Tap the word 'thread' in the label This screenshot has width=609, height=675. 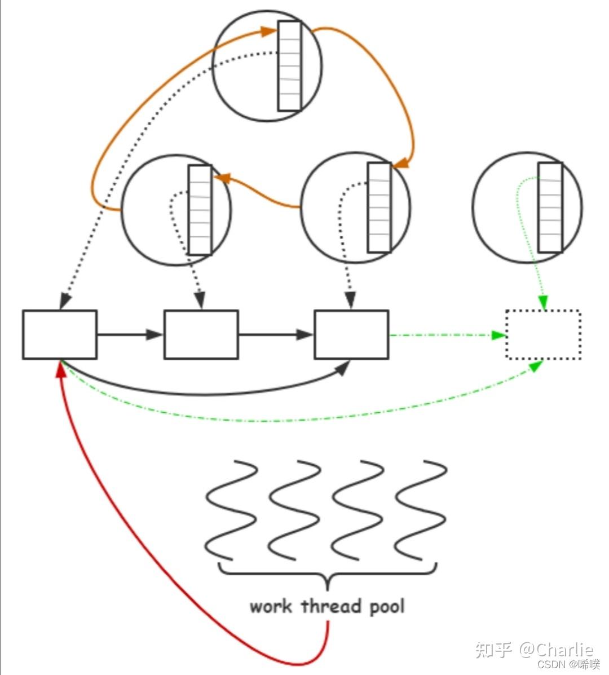coord(331,606)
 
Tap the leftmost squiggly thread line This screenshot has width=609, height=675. coord(231,511)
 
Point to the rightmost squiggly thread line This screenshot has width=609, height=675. coord(421,511)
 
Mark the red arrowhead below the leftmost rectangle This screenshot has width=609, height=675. coord(61,371)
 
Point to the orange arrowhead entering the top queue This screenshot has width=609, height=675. coord(269,31)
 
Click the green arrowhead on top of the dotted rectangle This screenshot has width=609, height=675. coord(543,303)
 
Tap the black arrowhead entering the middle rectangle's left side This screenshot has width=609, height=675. coord(156,334)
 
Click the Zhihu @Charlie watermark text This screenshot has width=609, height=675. coord(534,649)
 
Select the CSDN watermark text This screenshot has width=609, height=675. coord(568,664)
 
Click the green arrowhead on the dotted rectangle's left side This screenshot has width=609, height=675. coord(498,335)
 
